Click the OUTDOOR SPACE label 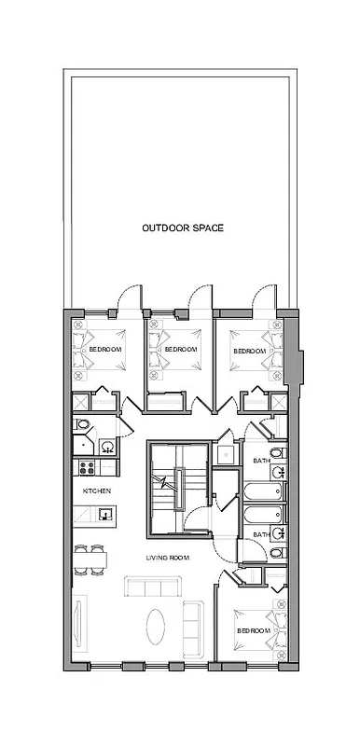tap(182, 228)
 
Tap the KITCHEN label tap(97, 490)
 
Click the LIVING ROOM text tap(167, 558)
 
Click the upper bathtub tap(260, 490)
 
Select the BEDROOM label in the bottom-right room tap(253, 630)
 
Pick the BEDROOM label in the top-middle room tap(181, 349)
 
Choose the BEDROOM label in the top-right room tap(249, 351)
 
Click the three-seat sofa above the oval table tap(154, 587)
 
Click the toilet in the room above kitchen tap(83, 425)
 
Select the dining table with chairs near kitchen tap(90, 559)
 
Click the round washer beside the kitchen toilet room tap(106, 446)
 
